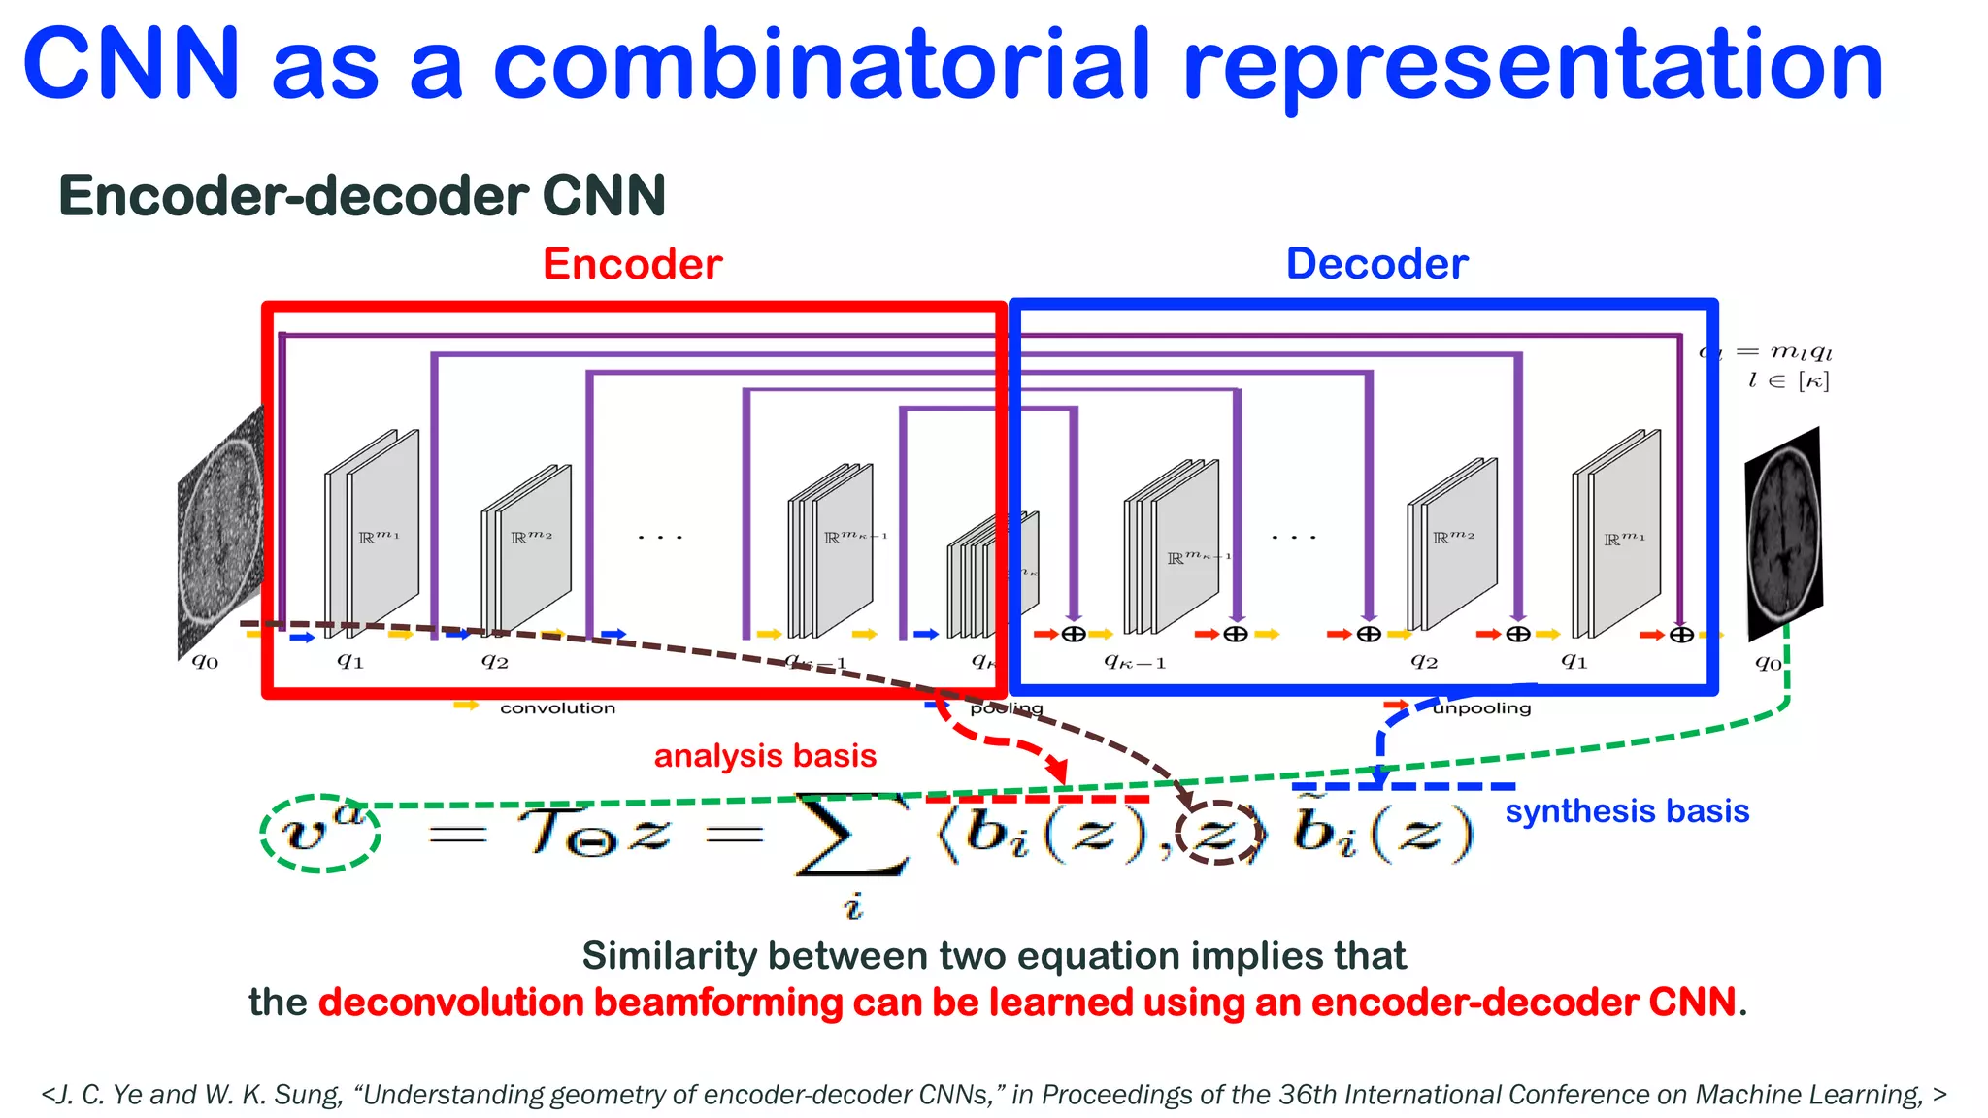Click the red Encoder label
[632, 264]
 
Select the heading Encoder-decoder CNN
[362, 196]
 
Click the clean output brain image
[1783, 534]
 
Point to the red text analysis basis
[765, 756]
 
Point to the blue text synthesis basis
[1627, 811]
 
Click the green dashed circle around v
[320, 833]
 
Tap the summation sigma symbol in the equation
[850, 834]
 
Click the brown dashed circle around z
[1218, 833]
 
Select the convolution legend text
[557, 708]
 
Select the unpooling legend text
[1481, 708]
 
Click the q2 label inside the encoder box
[495, 661]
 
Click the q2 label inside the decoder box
[1424, 661]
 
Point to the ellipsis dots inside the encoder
[660, 537]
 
